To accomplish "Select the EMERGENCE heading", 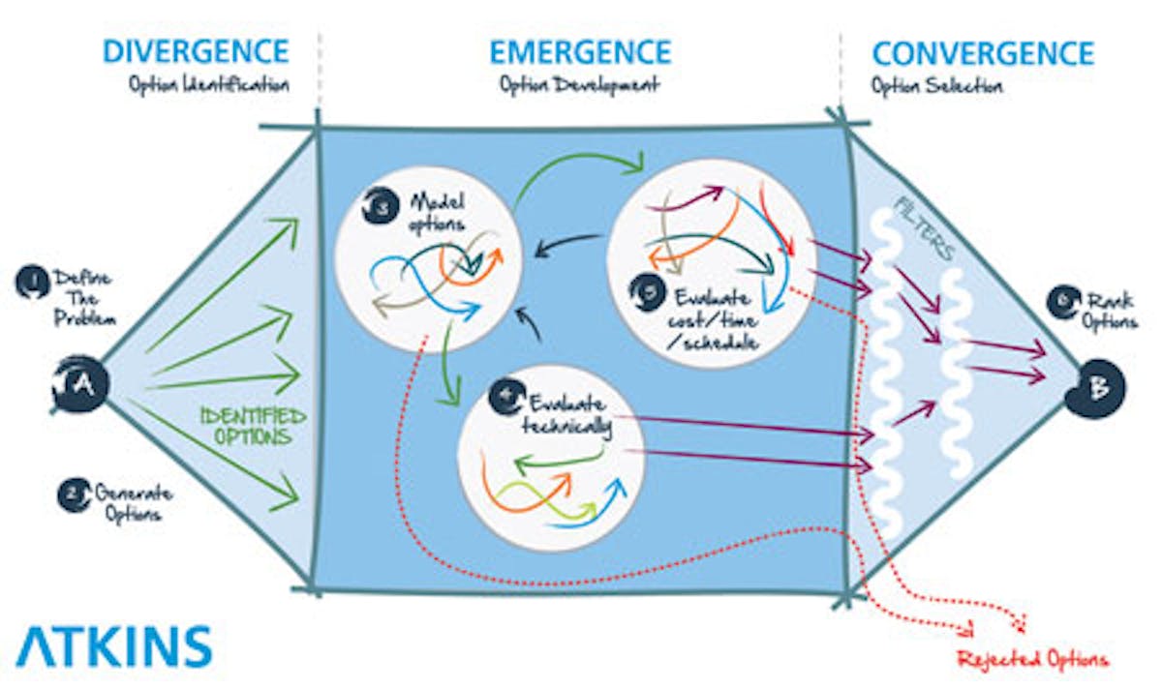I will click(580, 50).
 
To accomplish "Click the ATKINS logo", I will click(113, 645).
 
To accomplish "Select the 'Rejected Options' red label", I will click(1032, 661).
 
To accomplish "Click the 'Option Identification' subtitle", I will click(208, 84).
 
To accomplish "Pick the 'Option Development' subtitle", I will click(579, 84).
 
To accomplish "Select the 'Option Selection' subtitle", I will click(936, 85).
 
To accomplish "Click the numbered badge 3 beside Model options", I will click(377, 206).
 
